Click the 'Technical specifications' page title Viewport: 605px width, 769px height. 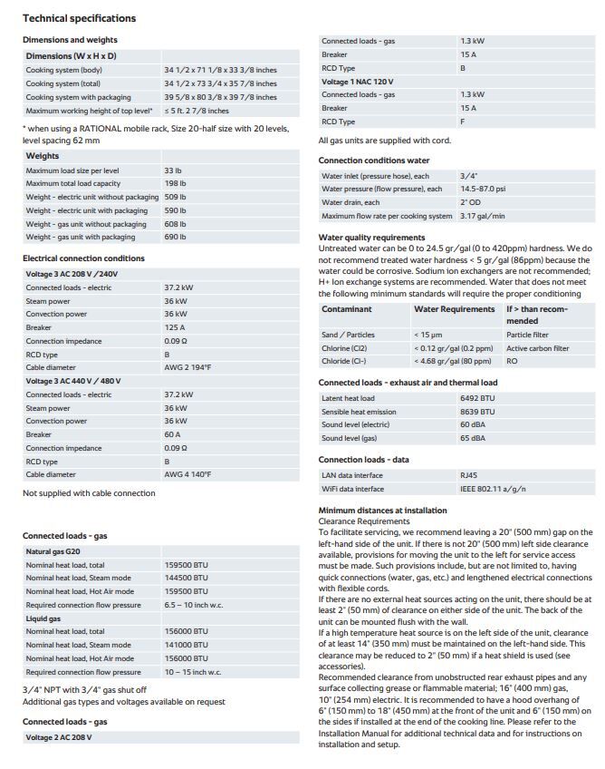pyautogui.click(x=79, y=18)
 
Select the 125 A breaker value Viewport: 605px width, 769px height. pyautogui.click(x=175, y=327)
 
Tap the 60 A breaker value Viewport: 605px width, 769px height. pyautogui.click(x=173, y=434)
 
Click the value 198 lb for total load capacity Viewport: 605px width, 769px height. pyautogui.click(x=175, y=184)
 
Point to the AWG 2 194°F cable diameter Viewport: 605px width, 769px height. pyautogui.click(x=187, y=367)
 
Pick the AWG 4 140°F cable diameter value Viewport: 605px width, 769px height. pyautogui.click(x=187, y=474)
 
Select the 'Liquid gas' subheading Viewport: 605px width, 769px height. pyautogui.click(x=43, y=618)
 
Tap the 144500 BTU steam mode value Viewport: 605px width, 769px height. pyautogui.click(x=186, y=578)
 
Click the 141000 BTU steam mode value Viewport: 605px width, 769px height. pyautogui.click(x=186, y=645)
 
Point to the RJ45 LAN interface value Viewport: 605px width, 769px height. pyautogui.click(x=469, y=475)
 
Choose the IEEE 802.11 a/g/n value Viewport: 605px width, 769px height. pyautogui.click(x=492, y=489)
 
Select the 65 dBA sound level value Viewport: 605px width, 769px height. pyautogui.click(x=472, y=438)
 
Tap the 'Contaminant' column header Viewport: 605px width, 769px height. pyautogui.click(x=346, y=309)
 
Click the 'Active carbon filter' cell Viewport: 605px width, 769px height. pyautogui.click(x=537, y=348)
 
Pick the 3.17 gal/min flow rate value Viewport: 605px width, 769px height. pyautogui.click(x=482, y=216)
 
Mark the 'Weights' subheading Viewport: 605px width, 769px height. pyautogui.click(x=43, y=156)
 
